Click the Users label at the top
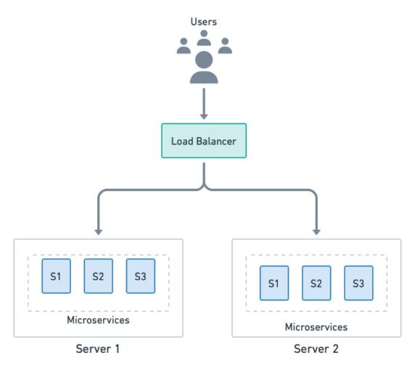(x=204, y=22)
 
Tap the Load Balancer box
(x=204, y=141)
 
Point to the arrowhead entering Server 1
(x=99, y=230)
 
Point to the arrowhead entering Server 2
(x=317, y=230)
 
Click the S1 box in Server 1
(x=56, y=277)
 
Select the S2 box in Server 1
(x=99, y=277)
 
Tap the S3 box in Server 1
(x=141, y=277)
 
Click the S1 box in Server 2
(x=274, y=283)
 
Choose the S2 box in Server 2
(x=316, y=283)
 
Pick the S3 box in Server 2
(x=358, y=283)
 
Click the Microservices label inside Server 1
(x=99, y=319)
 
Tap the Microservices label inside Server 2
(x=316, y=327)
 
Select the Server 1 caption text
(x=98, y=349)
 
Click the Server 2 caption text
(x=316, y=349)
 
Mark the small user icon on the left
(x=184, y=46)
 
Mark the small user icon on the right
(x=225, y=46)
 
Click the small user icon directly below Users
(x=204, y=38)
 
